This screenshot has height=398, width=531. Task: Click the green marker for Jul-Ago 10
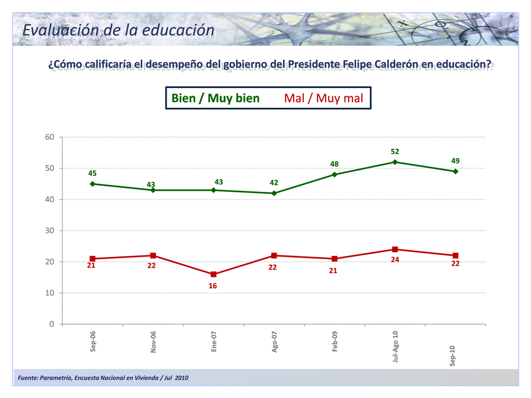click(395, 162)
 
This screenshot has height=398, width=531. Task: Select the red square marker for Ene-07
click(214, 274)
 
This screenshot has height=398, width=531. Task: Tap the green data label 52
click(395, 151)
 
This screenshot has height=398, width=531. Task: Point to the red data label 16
click(213, 286)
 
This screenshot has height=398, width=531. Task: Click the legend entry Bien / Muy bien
click(215, 98)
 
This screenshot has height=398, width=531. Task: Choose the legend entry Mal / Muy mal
click(324, 98)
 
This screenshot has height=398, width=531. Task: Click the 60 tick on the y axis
click(49, 137)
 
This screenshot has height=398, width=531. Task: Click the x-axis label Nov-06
click(153, 342)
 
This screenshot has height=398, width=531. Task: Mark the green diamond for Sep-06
click(92, 184)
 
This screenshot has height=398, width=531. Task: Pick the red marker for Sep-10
click(455, 255)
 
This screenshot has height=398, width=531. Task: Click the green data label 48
click(335, 164)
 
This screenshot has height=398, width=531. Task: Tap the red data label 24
click(395, 259)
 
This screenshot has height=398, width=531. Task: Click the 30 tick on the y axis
click(49, 231)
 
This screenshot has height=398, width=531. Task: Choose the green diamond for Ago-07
click(274, 193)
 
